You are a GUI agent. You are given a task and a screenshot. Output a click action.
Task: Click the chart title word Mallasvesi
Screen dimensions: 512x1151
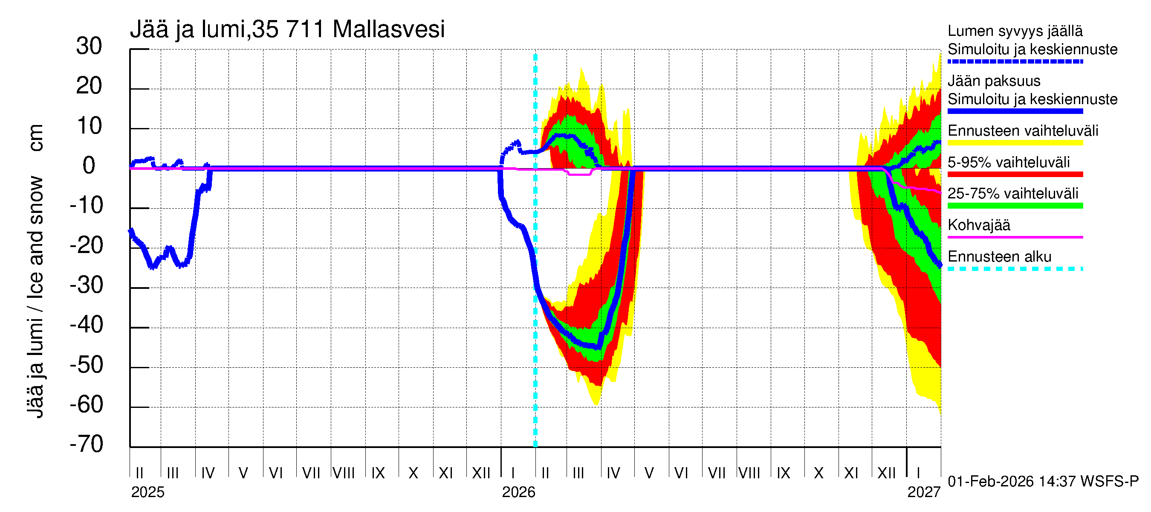pos(388,29)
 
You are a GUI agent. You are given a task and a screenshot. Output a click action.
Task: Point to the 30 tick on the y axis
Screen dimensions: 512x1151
pos(89,46)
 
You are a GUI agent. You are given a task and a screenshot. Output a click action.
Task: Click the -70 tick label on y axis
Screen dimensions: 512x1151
pos(87,444)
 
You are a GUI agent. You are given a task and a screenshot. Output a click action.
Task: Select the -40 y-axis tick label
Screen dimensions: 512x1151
pos(87,325)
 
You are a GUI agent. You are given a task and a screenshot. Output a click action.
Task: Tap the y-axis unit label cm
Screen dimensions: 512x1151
pos(36,138)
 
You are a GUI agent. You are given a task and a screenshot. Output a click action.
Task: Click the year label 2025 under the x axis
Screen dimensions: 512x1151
pos(147,492)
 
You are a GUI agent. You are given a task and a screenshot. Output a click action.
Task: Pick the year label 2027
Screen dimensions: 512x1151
pos(923,492)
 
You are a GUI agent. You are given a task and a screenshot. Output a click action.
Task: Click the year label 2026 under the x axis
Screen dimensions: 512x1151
pos(518,492)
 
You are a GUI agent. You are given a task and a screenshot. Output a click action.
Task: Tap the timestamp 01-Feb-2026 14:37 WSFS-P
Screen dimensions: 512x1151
pos(1043,482)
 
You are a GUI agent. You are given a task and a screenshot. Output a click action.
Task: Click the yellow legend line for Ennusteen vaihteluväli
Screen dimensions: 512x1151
pos(1015,143)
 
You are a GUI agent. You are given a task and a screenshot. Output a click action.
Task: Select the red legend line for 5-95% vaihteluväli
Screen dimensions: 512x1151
pos(1015,175)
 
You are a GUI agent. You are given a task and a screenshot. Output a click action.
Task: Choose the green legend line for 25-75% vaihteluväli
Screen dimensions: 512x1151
pos(1015,206)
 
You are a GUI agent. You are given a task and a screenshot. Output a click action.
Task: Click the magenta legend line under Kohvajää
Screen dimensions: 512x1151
pos(1015,237)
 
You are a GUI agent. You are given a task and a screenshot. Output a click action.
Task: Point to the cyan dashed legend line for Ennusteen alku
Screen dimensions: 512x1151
pos(1015,269)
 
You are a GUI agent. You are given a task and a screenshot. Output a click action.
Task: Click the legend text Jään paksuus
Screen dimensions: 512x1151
pos(994,81)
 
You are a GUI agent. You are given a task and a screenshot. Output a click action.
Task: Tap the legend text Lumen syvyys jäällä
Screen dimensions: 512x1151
pos(1015,31)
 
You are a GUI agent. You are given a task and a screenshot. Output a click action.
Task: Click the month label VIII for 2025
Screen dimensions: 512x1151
pos(344,473)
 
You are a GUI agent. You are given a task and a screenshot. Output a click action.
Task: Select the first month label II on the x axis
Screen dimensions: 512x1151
pos(139,473)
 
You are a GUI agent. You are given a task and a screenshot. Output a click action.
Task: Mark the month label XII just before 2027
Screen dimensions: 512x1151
pos(887,473)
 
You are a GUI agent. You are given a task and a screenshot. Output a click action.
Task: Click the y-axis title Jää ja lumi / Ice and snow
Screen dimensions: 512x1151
pos(36,297)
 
